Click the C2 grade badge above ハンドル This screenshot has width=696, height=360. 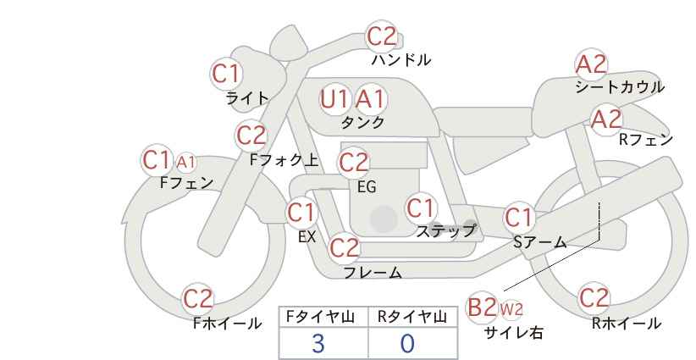(x=382, y=36)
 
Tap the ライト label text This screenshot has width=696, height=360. (x=247, y=97)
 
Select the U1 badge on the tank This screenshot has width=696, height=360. (x=334, y=99)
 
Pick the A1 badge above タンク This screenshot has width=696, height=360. (x=370, y=99)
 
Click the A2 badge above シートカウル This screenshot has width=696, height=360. (x=591, y=64)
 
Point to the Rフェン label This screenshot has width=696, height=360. (x=645, y=140)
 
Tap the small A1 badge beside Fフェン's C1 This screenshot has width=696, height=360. (x=186, y=161)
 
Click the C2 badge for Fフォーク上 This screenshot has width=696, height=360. (x=251, y=135)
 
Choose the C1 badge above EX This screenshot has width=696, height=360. (x=301, y=212)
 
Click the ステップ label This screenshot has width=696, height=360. (x=446, y=230)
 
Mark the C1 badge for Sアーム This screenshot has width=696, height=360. (x=519, y=218)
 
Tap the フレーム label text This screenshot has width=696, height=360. (x=373, y=273)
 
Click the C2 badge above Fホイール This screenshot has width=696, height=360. (x=199, y=298)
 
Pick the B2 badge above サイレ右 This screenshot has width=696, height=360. (x=483, y=307)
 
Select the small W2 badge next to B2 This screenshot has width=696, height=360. (x=511, y=308)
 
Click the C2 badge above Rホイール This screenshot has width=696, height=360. (x=594, y=298)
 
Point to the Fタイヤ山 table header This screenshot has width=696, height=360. (x=323, y=317)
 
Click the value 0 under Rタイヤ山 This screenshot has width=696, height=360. (x=407, y=343)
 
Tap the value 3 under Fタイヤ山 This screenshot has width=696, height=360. (x=318, y=343)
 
